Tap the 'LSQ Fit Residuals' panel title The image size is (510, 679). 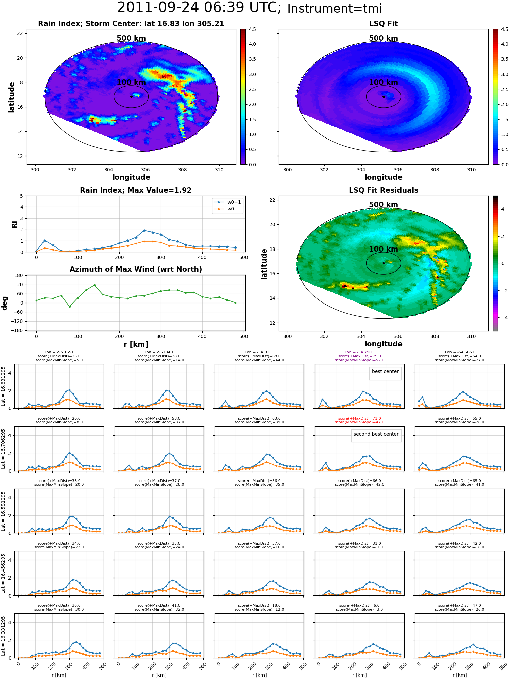click(384, 190)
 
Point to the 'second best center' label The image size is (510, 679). click(376, 434)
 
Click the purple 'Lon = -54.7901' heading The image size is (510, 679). click(359, 352)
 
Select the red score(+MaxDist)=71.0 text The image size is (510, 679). click(359, 419)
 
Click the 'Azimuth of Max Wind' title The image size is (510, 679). click(136, 269)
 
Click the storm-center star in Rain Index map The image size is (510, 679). click(131, 97)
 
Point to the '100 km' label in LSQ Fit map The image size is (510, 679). click(384, 82)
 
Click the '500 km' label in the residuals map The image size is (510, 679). click(384, 205)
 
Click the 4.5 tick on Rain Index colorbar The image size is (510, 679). click(252, 29)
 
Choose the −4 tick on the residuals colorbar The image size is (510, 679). click(503, 318)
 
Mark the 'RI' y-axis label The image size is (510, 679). click(14, 224)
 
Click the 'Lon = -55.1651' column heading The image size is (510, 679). click(59, 352)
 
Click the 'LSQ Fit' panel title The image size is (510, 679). click(384, 24)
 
